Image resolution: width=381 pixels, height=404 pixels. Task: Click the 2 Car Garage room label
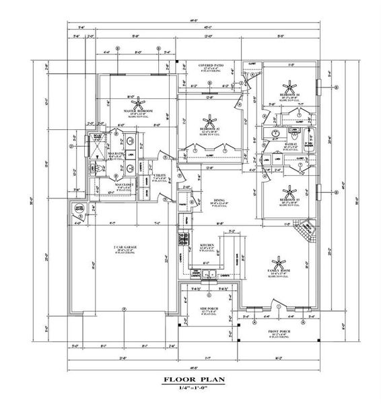pos(125,250)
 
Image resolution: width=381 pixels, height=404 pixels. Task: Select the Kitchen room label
pos(207,246)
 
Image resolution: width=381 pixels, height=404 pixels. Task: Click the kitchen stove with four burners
pos(182,238)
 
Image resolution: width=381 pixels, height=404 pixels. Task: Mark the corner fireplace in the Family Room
pos(305,232)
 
